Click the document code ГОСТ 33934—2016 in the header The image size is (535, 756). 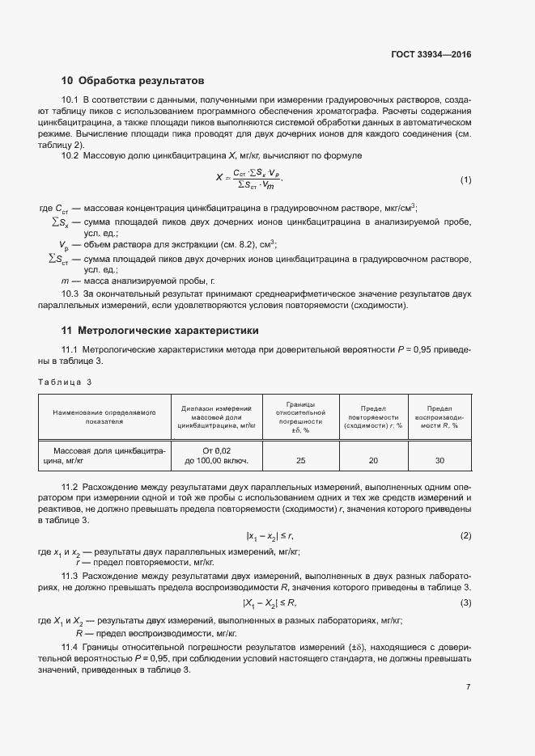tap(430, 55)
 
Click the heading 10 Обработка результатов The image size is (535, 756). tap(133, 81)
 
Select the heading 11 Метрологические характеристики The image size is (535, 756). tap(159, 331)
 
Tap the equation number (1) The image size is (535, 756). tap(465, 179)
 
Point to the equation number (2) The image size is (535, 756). tap(465, 536)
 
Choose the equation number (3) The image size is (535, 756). tap(465, 603)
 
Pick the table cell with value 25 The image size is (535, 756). tap(301, 461)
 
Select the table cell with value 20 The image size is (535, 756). tap(373, 461)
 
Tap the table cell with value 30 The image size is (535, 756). tap(440, 461)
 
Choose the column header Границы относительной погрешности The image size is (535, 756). tap(301, 416)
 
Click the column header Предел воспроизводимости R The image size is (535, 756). tap(440, 416)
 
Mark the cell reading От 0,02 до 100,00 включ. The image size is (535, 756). tap(217, 455)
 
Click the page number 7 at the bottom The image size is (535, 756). tap(468, 687)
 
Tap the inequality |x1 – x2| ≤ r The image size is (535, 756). tap(269, 536)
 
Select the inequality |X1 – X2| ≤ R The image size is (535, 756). tap(270, 603)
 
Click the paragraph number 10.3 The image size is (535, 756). tap(70, 294)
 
